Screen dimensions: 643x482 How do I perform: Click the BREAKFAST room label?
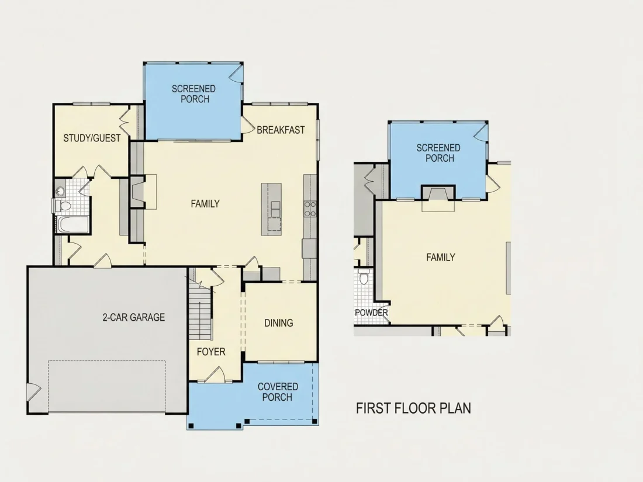(281, 130)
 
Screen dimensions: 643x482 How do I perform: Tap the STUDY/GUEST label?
(92, 138)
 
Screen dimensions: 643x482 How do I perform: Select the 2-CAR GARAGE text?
(134, 317)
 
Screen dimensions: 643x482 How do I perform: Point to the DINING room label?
(278, 323)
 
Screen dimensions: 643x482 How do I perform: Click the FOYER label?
(211, 352)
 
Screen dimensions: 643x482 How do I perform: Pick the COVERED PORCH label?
(278, 392)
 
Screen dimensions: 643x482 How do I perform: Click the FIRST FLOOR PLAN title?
(413, 408)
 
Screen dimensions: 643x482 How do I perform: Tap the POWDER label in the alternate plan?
(371, 313)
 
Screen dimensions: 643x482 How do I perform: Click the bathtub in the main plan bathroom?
(74, 224)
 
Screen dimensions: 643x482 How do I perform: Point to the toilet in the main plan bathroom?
(61, 205)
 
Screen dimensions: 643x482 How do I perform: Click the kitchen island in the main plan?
(271, 209)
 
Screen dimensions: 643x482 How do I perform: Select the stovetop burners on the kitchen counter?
(310, 209)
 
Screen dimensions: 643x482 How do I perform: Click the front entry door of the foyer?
(215, 374)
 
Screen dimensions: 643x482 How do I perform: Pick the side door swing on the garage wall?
(34, 392)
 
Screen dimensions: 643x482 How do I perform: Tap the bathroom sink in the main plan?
(61, 191)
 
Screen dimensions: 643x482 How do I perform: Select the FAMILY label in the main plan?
(205, 204)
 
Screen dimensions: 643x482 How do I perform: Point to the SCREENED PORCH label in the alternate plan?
(438, 153)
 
